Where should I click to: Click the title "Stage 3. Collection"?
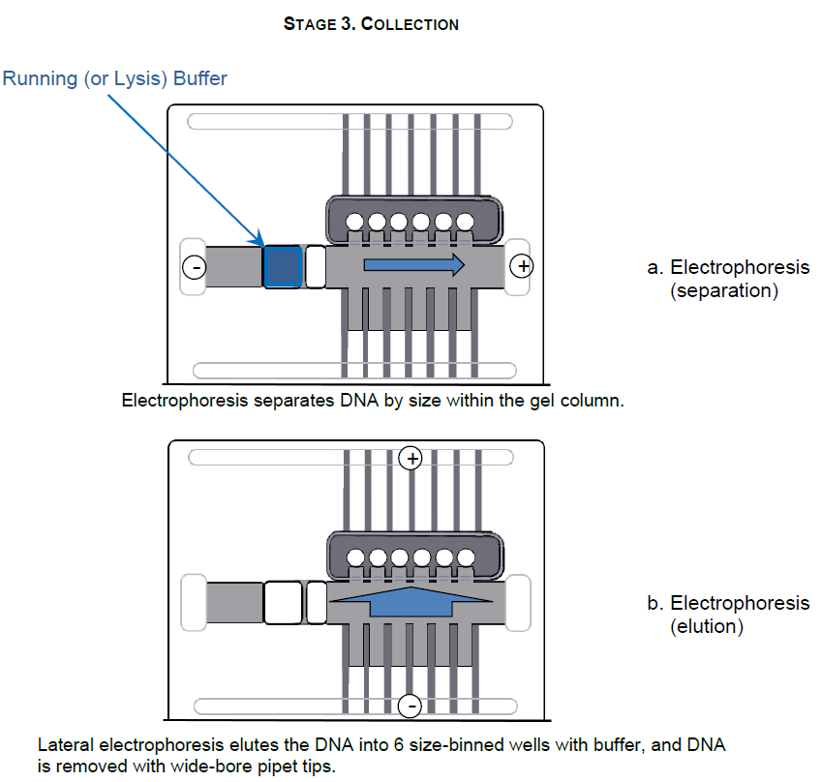tap(371, 24)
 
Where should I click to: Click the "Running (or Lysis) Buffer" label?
tap(115, 78)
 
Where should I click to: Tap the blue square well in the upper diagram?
tap(283, 266)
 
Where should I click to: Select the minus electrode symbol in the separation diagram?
tap(194, 266)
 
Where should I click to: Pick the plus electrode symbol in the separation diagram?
tap(521, 264)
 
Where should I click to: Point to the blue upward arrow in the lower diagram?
tap(411, 603)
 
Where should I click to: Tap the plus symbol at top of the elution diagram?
tap(411, 458)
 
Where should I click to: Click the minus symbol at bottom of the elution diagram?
tap(411, 706)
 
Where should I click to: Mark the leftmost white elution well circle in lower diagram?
tap(354, 558)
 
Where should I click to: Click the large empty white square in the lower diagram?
tap(283, 603)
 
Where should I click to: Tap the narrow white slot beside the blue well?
tap(315, 266)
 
